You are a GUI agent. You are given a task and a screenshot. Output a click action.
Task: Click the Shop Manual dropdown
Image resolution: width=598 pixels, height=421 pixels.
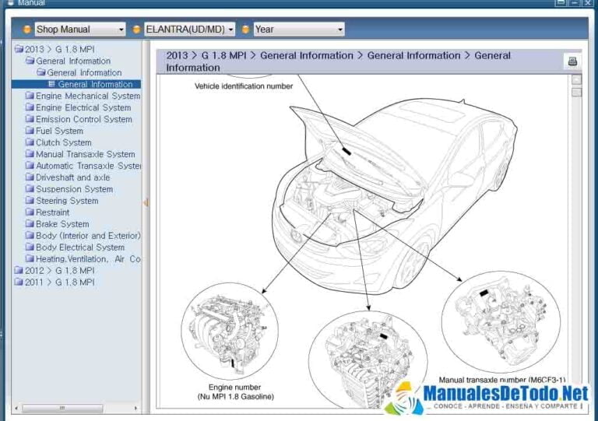click(79, 30)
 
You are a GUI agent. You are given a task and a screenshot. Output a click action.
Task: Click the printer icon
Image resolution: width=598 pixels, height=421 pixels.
click(572, 61)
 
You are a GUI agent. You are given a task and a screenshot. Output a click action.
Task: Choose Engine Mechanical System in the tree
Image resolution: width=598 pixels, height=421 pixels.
click(87, 96)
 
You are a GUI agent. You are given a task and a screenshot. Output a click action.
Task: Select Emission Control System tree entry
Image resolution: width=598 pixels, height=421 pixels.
click(83, 119)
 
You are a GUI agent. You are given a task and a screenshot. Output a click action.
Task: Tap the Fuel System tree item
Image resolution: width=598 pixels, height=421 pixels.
click(59, 131)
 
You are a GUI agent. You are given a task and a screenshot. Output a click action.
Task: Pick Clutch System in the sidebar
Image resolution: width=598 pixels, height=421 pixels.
click(63, 142)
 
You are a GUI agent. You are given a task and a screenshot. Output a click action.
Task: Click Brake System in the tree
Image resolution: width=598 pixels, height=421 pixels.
click(62, 224)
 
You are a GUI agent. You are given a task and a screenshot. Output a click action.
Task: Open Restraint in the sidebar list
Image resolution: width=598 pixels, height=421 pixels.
click(52, 212)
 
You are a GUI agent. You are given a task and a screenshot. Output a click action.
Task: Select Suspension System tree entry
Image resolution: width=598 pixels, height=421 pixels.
click(74, 189)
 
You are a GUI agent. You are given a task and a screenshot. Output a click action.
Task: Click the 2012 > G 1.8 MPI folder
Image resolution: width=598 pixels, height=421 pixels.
click(59, 271)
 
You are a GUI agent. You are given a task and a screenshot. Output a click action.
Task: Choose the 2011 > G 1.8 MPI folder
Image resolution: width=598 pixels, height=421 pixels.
click(59, 282)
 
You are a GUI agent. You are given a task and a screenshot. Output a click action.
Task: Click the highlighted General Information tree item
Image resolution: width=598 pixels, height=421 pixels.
click(95, 84)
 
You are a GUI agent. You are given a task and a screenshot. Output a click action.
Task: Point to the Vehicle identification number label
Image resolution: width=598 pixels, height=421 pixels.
click(244, 86)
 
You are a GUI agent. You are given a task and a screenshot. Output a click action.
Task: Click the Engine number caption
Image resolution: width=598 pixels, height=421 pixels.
click(234, 387)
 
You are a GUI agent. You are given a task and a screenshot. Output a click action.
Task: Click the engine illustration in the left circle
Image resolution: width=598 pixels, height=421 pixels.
click(230, 332)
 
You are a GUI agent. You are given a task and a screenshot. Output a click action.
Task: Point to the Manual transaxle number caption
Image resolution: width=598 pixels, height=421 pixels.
click(501, 380)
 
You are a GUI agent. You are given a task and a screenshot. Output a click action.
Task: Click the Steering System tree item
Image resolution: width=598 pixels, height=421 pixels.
click(67, 201)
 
